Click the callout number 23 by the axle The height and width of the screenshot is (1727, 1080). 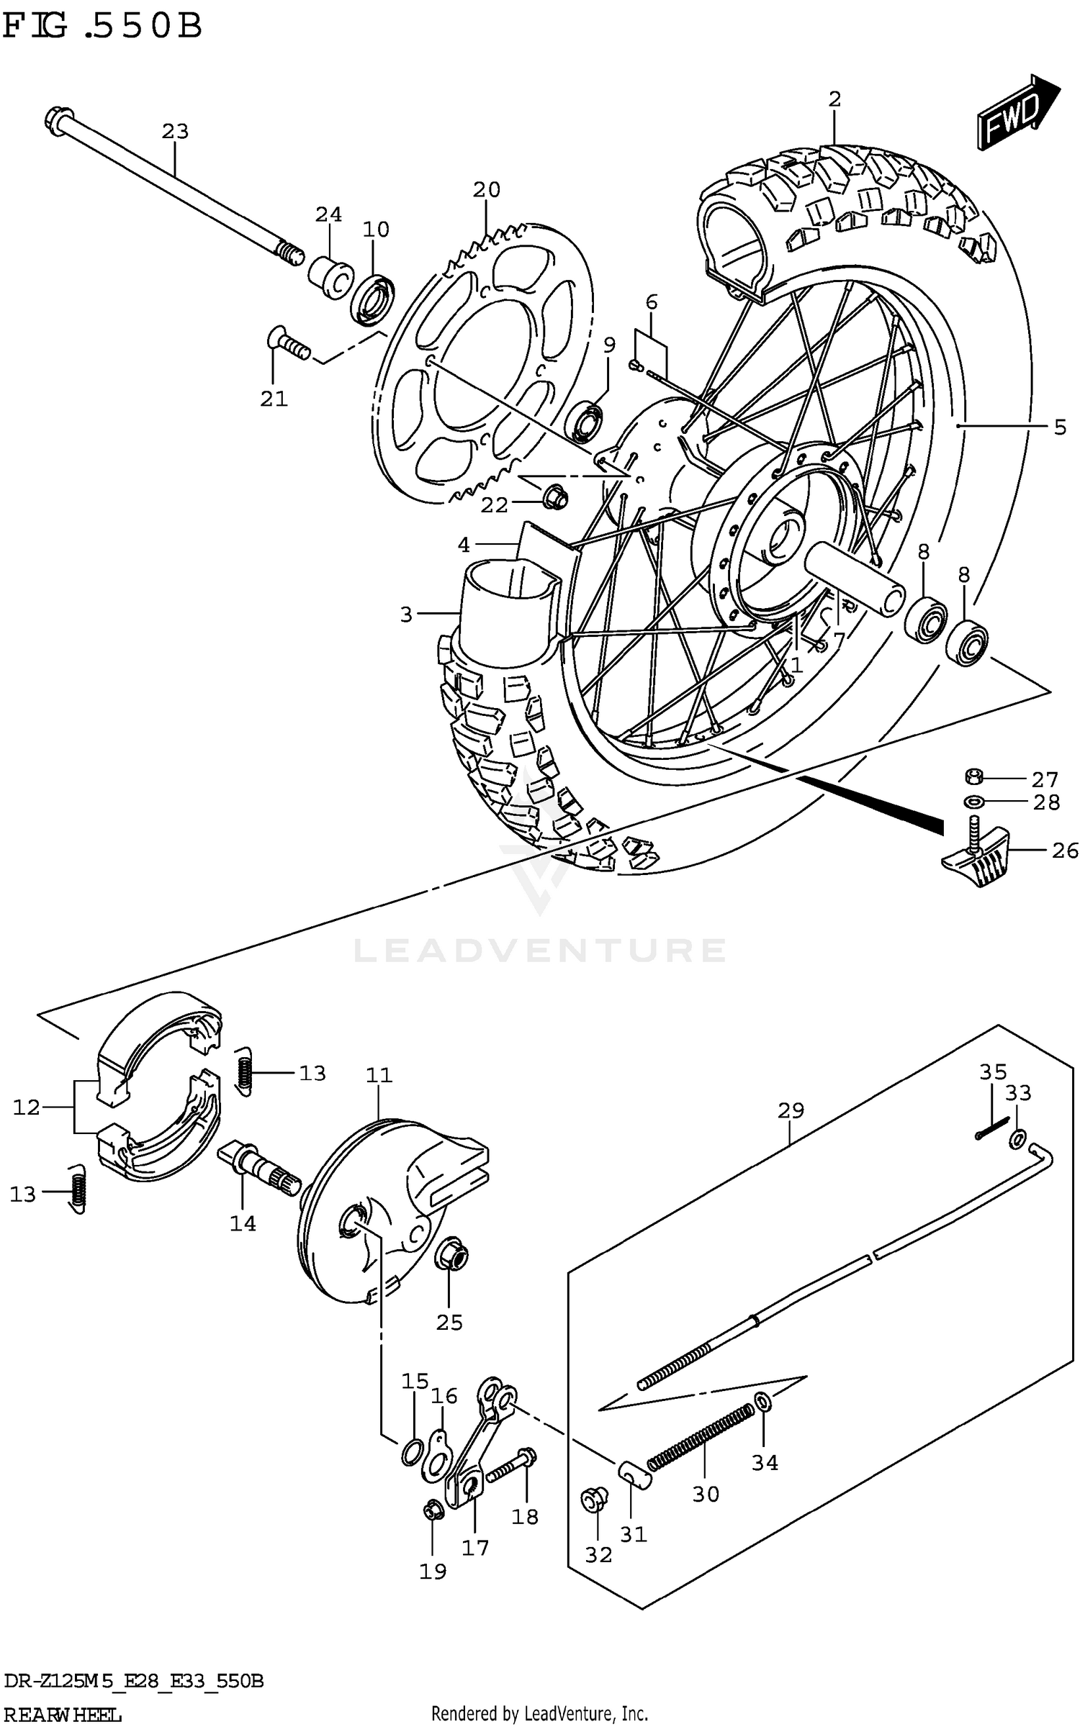(x=175, y=132)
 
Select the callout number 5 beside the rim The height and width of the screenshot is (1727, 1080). (x=1059, y=427)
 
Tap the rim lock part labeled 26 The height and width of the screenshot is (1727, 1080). (x=976, y=860)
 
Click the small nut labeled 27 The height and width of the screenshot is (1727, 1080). (x=973, y=776)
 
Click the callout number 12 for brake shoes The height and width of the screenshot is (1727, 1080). (x=27, y=1107)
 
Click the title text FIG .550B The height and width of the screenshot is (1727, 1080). (x=103, y=27)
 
